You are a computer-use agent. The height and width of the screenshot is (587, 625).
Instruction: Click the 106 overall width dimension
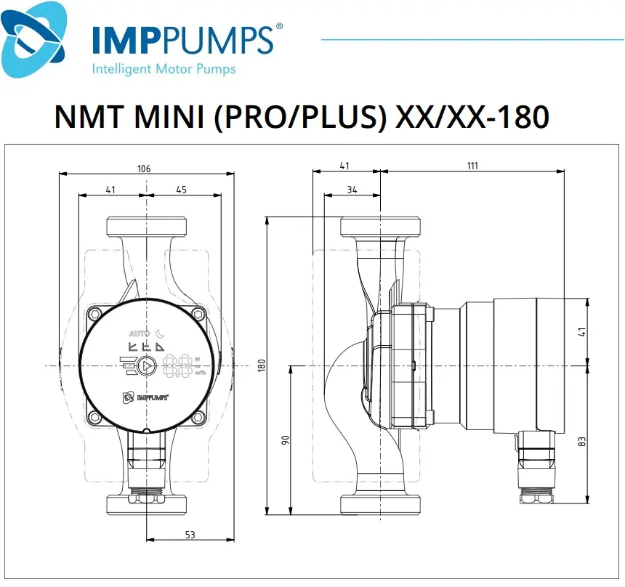(x=144, y=169)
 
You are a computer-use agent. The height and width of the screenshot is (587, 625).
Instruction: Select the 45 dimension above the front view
(x=181, y=190)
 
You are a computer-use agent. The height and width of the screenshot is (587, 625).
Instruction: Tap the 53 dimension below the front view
(x=190, y=535)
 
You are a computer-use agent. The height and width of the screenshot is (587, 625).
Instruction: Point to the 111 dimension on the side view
(x=472, y=166)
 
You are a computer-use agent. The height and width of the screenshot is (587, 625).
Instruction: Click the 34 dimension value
(x=352, y=190)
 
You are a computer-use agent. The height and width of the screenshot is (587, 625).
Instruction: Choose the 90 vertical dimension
(x=286, y=440)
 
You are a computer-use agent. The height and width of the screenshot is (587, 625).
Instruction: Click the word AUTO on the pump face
(x=140, y=333)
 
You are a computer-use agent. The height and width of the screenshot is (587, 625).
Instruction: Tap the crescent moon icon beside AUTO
(x=161, y=333)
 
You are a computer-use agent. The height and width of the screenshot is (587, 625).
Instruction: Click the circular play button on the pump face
(x=148, y=366)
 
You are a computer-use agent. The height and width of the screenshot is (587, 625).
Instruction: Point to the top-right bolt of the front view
(x=198, y=314)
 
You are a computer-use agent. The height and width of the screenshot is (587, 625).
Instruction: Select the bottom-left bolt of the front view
(x=95, y=417)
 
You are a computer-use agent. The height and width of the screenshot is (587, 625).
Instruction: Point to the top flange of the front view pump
(x=147, y=226)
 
